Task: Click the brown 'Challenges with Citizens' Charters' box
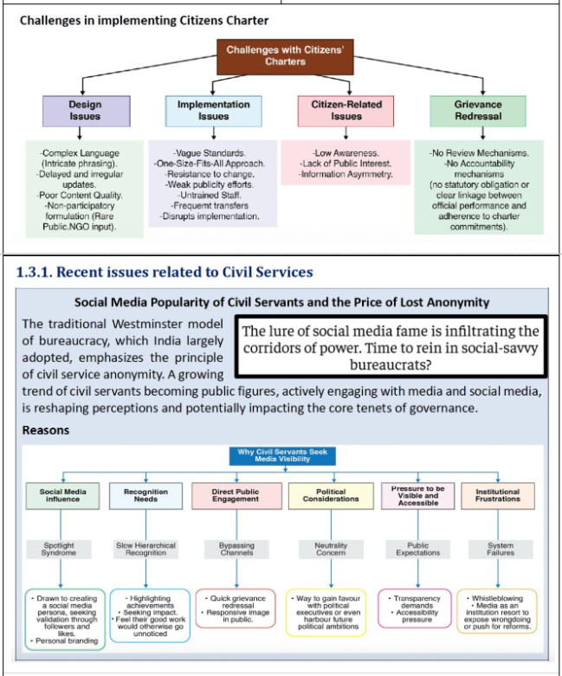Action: tap(285, 56)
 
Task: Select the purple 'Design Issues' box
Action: tap(85, 110)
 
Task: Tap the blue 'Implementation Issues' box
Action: tap(213, 110)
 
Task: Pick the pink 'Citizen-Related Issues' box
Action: tap(346, 110)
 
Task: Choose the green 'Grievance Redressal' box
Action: tap(478, 110)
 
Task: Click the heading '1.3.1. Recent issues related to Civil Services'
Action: tap(165, 272)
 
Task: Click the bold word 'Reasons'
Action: tap(46, 429)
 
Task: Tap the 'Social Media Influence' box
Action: tap(63, 495)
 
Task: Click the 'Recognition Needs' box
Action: tap(145, 495)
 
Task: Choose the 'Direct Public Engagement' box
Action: tap(236, 495)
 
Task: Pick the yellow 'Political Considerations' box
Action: tap(331, 495)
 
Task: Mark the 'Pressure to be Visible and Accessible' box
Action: tap(418, 495)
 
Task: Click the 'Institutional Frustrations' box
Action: tap(498, 495)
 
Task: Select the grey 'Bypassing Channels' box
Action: tap(236, 550)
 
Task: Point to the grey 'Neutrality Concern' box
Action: tap(331, 550)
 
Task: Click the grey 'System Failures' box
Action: tap(501, 550)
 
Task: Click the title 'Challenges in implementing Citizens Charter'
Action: tap(144, 20)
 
